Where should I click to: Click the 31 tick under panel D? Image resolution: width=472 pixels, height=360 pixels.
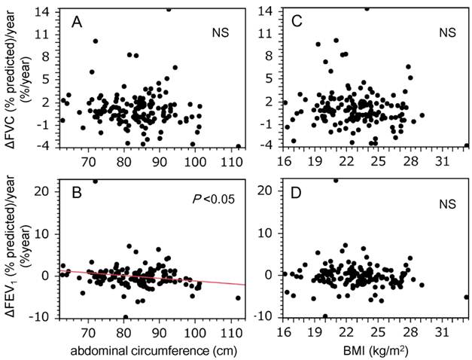tap(441, 329)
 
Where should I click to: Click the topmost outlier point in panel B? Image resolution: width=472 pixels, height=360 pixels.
tap(95, 182)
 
